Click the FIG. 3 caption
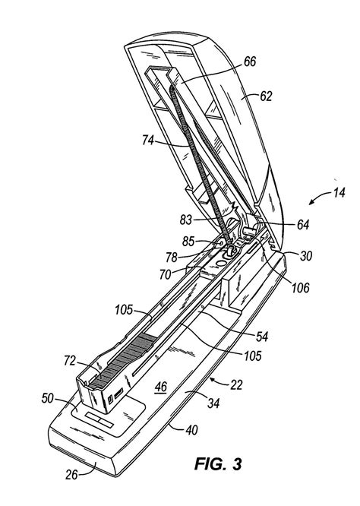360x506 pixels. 218,463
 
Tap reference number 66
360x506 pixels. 250,62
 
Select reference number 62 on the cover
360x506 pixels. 266,96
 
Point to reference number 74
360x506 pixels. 148,141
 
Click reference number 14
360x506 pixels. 339,193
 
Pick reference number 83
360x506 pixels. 186,220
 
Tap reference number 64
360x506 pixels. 303,225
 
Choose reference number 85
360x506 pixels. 188,242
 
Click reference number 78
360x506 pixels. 172,258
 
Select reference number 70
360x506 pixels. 165,274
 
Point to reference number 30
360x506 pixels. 306,256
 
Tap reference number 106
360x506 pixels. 300,287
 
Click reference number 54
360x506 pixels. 262,337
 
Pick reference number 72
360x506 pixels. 70,361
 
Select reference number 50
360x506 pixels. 47,398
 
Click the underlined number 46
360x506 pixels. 161,386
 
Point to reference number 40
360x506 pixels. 191,430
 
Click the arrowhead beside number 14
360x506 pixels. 311,201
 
